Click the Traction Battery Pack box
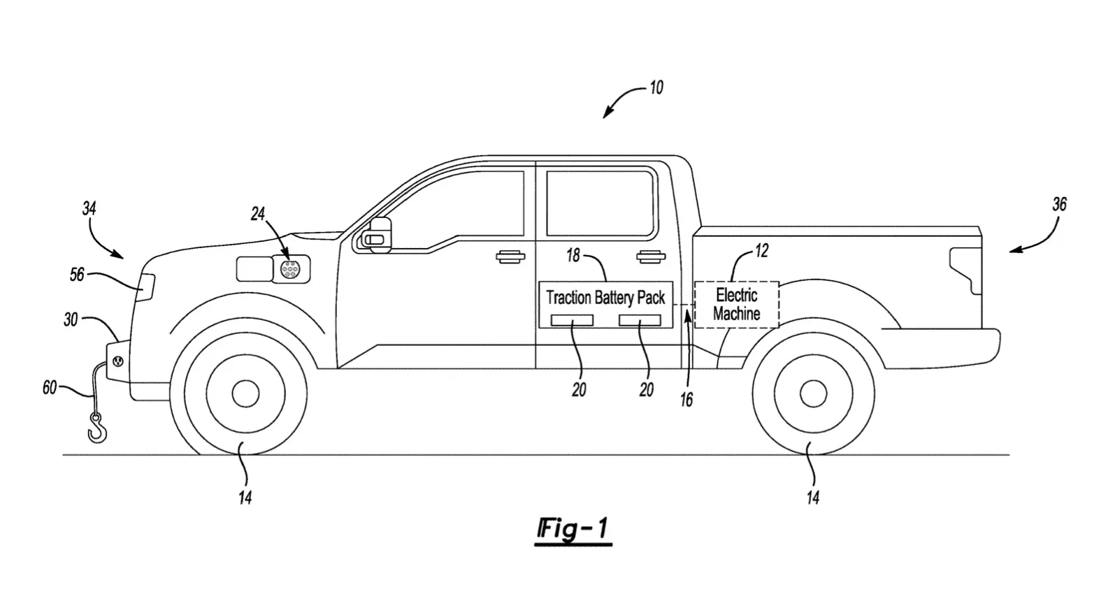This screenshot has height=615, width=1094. pos(605,304)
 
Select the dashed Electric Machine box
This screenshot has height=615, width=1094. pos(736,305)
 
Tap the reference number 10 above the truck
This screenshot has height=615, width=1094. pos(656,88)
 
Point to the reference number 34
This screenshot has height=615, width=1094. pos(89,208)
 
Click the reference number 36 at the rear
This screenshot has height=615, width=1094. pos(1060,204)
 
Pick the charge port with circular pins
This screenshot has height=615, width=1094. pos(290,268)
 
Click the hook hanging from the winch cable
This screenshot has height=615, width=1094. pos(98,428)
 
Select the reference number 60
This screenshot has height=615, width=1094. pos(50,388)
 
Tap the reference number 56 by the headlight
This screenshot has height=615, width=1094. pos(77,275)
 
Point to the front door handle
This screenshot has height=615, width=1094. pos(510,256)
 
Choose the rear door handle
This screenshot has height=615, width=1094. pos(651,256)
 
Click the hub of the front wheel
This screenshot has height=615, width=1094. pos(245,394)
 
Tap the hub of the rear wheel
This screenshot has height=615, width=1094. pos(813,394)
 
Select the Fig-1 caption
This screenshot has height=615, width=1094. pos(574,530)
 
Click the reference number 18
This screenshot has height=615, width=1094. pos(573,256)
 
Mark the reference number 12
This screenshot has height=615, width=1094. pos(761,251)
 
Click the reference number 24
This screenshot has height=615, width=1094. pos(258,214)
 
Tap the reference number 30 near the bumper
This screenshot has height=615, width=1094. pos(71,320)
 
